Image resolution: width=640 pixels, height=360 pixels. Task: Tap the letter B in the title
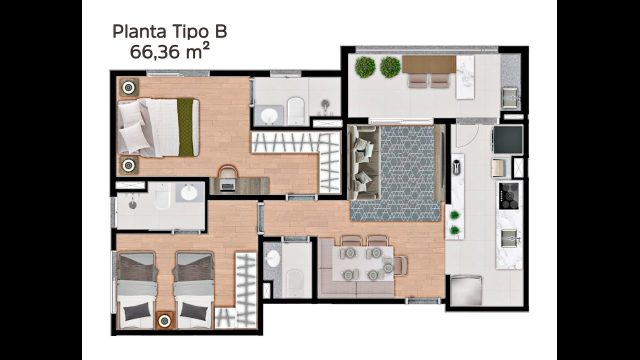pos(220,31)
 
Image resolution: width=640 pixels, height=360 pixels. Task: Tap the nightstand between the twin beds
pos(165,320)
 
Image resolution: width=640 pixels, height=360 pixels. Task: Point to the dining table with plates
pos(360,262)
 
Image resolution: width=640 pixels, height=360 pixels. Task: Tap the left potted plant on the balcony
pos(364,67)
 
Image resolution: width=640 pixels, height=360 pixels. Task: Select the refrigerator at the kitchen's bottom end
pos(467,290)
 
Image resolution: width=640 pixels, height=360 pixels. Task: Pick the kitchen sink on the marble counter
pos(509,238)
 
